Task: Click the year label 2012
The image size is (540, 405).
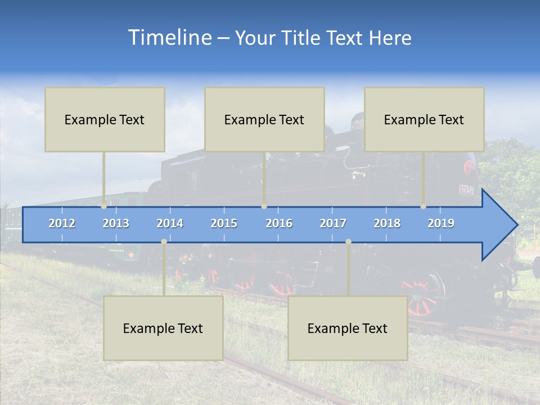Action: (x=62, y=223)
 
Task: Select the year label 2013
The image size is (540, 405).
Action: (x=116, y=223)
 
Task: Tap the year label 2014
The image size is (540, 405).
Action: (x=170, y=223)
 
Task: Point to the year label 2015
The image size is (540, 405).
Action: (x=224, y=223)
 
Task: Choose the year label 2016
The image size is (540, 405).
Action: (x=279, y=223)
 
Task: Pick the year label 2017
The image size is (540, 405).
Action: (x=333, y=223)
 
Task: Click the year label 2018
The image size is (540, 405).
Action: (x=387, y=223)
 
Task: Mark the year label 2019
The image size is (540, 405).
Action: (x=441, y=223)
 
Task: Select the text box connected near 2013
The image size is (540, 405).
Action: (x=105, y=119)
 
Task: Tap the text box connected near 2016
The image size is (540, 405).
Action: (x=264, y=119)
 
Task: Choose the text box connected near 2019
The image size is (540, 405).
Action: (x=424, y=119)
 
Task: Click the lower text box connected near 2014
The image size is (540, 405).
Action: (x=163, y=328)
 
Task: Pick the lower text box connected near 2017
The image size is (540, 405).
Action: (x=348, y=328)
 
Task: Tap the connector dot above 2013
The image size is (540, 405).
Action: (x=104, y=206)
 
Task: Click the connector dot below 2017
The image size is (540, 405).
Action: (x=348, y=241)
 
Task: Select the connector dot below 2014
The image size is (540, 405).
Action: (x=164, y=241)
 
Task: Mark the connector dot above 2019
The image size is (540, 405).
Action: (x=424, y=206)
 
